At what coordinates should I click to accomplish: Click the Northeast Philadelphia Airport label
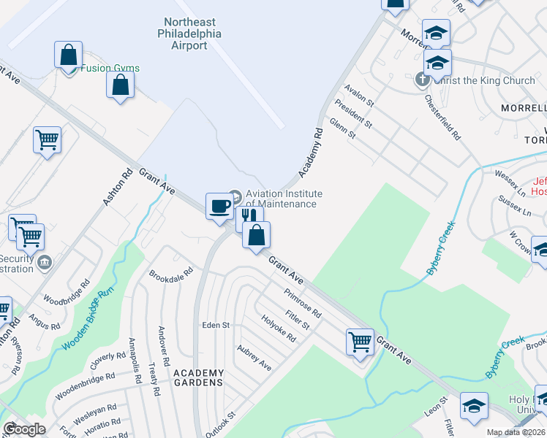point(192,34)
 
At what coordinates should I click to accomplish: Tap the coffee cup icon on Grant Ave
point(219,207)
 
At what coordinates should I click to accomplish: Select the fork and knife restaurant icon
point(249,216)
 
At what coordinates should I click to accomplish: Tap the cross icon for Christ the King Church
point(422,80)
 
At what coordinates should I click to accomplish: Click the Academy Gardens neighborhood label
point(198,377)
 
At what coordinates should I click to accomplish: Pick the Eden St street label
point(216,325)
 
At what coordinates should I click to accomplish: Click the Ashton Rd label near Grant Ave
point(116,187)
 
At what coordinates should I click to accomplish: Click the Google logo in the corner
point(24,429)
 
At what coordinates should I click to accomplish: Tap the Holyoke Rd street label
point(278,328)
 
